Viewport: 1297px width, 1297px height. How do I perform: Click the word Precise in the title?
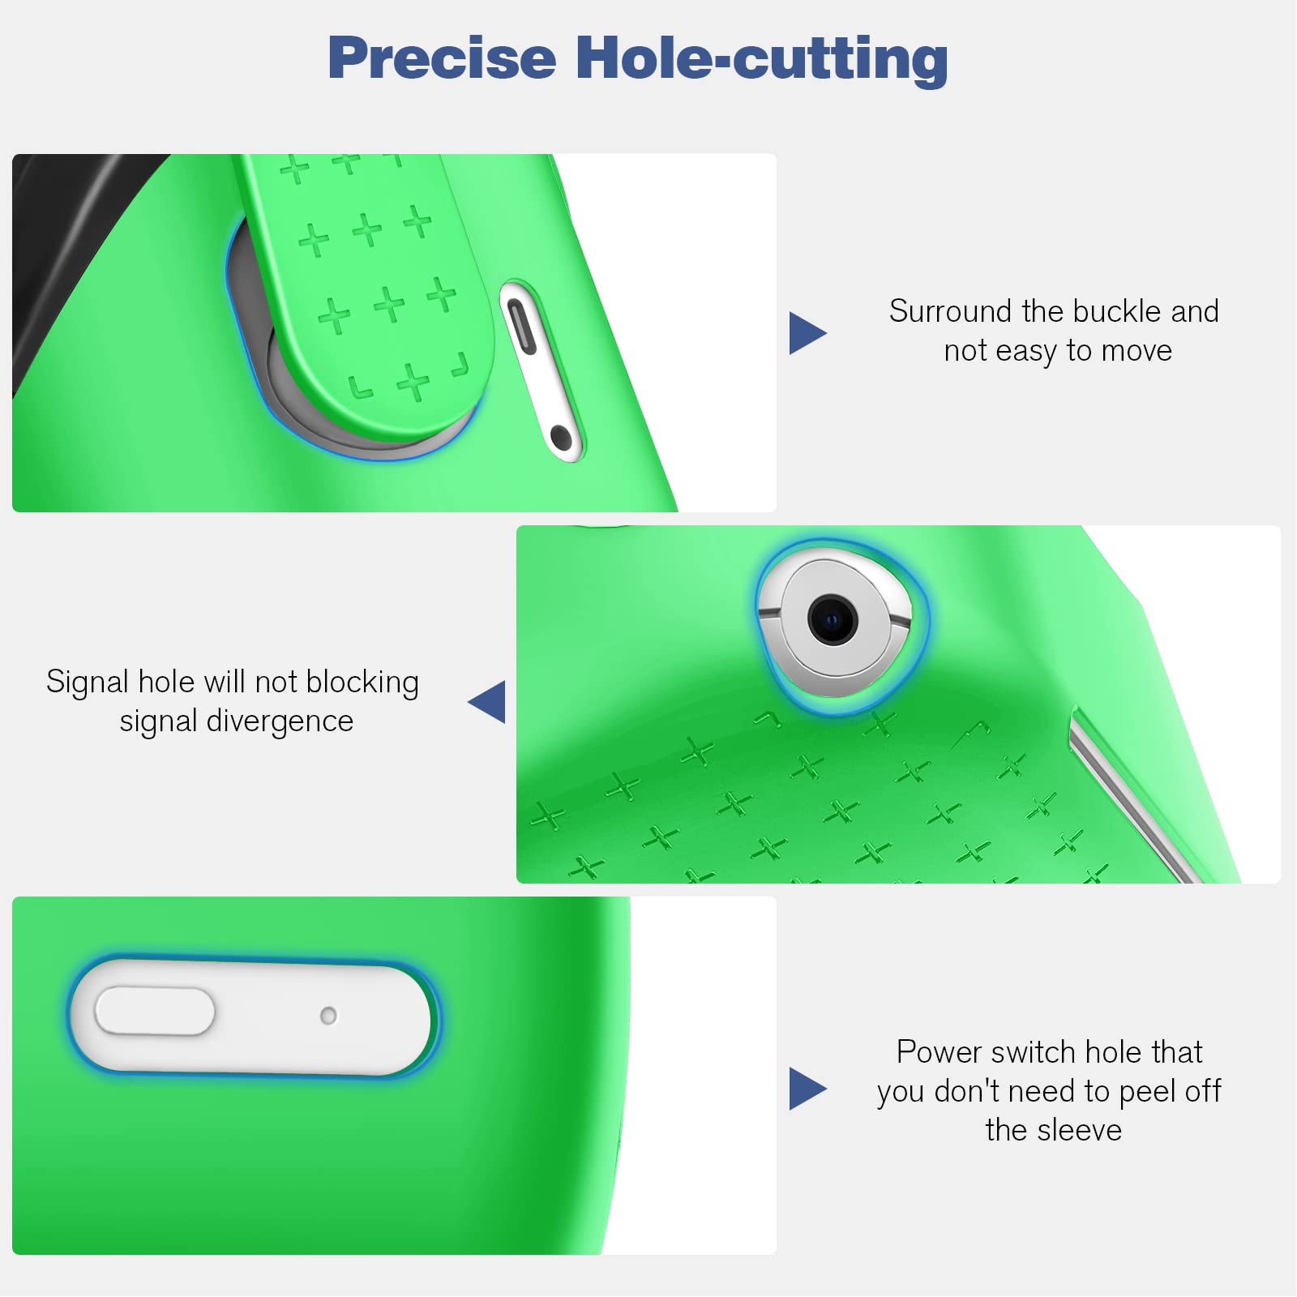pos(442,58)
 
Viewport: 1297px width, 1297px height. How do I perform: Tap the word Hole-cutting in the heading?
pos(762,60)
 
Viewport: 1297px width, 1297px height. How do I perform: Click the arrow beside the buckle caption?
pos(807,333)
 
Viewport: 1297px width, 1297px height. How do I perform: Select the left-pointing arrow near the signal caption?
pos(486,702)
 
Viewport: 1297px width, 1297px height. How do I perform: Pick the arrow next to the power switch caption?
pos(807,1089)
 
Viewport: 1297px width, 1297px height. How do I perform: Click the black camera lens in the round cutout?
pos(833,621)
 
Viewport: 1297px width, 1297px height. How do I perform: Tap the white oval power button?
pos(155,1012)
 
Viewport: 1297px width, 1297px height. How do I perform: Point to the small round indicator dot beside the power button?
pos(328,1016)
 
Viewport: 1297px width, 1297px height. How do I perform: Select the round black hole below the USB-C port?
pos(561,438)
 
